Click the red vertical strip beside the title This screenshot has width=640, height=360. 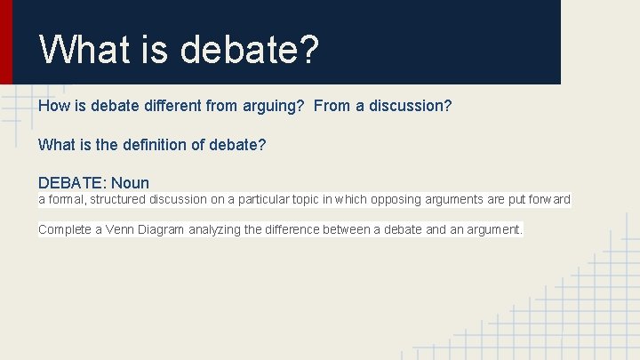click(6, 42)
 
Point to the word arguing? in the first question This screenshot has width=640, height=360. click(273, 107)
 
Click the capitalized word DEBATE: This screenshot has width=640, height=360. click(72, 183)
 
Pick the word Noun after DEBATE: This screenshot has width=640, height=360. click(131, 183)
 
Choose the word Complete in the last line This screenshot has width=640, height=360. click(64, 229)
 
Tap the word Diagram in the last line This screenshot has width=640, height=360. click(162, 229)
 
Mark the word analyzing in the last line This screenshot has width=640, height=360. click(214, 229)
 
